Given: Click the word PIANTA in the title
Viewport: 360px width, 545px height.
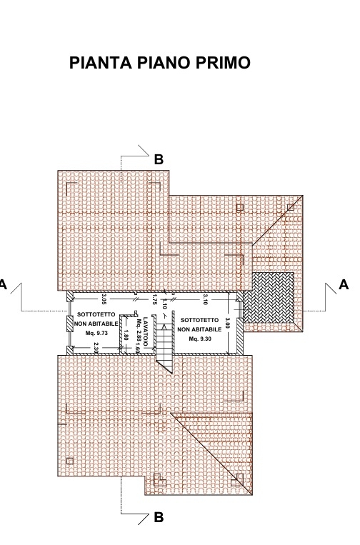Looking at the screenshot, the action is (101, 63).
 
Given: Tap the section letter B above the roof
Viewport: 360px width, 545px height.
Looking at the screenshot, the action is (159, 159).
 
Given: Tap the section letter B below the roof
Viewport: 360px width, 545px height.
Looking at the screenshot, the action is (159, 518).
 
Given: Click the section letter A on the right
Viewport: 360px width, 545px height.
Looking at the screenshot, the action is (344, 285).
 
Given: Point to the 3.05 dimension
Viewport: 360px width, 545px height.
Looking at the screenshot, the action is (104, 299).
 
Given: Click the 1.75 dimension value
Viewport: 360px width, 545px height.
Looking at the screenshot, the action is (155, 299).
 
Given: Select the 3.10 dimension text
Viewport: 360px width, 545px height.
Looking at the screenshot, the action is (205, 299).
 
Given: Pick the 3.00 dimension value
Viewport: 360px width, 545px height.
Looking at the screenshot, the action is (228, 323).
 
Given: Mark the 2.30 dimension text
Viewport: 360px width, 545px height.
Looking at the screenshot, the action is (96, 349).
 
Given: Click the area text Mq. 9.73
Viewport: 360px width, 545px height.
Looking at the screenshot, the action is (96, 333).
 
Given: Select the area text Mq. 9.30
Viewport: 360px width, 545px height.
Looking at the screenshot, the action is (200, 339).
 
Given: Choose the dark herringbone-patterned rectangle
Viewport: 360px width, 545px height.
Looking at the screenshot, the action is (269, 298).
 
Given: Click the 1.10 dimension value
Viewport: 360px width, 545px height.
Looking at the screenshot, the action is (165, 304).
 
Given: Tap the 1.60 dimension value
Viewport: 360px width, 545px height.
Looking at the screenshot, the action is (137, 348).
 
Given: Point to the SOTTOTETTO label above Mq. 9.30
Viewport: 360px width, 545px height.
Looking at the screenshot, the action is (200, 320).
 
